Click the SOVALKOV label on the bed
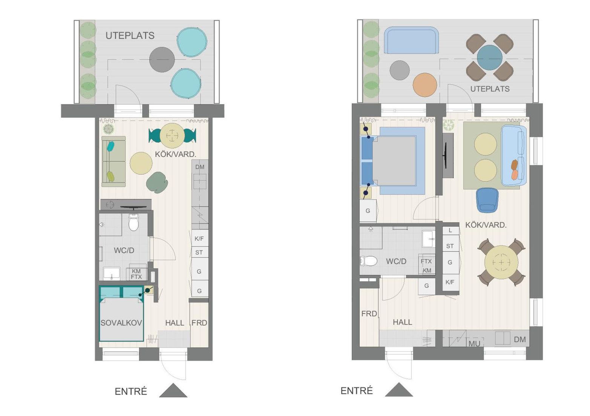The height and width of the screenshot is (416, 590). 121,323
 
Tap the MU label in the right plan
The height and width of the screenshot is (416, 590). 474,343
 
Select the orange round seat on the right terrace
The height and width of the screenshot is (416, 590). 424,85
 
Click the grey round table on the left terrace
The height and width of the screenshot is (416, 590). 162,60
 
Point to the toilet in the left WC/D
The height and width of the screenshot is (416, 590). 133,222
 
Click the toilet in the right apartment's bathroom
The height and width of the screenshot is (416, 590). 368,261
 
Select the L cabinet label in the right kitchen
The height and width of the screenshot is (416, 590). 450,230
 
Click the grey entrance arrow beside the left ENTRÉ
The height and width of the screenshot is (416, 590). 173,390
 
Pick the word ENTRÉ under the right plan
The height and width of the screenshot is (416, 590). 357,391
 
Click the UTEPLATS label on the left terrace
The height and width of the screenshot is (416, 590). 130,35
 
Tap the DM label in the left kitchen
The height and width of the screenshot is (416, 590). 200,167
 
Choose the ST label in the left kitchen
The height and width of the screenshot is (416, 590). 199,252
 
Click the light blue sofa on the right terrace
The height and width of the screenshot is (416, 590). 411,40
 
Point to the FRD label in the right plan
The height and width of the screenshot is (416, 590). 369,314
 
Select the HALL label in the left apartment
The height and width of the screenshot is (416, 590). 175,323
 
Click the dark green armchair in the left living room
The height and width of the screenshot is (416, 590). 157,182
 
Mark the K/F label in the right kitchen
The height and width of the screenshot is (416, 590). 450,282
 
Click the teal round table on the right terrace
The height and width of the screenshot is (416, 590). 490,58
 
